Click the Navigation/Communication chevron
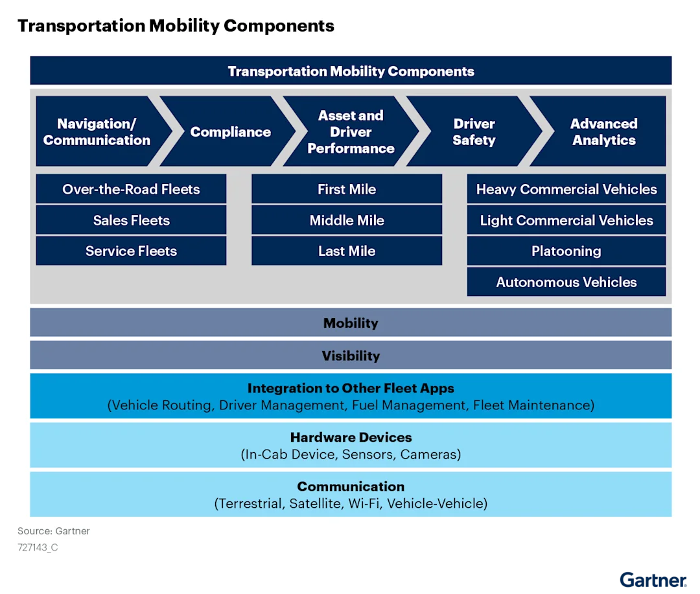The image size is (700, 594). point(97,132)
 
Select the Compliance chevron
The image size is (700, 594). point(230,132)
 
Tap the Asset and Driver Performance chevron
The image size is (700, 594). point(351,132)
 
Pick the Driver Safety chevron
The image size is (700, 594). point(474,132)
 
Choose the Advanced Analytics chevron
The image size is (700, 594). point(603,132)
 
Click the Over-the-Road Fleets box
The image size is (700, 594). point(131,189)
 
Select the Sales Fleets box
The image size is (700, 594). point(131,220)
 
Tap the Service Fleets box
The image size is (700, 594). point(131,251)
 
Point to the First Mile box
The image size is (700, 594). point(347,189)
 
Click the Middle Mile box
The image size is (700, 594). point(347,220)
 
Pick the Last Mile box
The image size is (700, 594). point(347,251)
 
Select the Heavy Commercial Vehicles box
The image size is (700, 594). point(566,189)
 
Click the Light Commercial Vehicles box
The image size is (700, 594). point(566,220)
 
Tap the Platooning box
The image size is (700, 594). point(566,251)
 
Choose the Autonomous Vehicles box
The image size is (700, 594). point(566,282)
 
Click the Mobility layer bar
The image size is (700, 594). point(351,323)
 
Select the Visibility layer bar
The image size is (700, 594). point(351,356)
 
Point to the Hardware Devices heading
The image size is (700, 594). point(351,437)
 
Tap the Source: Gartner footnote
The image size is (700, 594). point(54,531)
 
